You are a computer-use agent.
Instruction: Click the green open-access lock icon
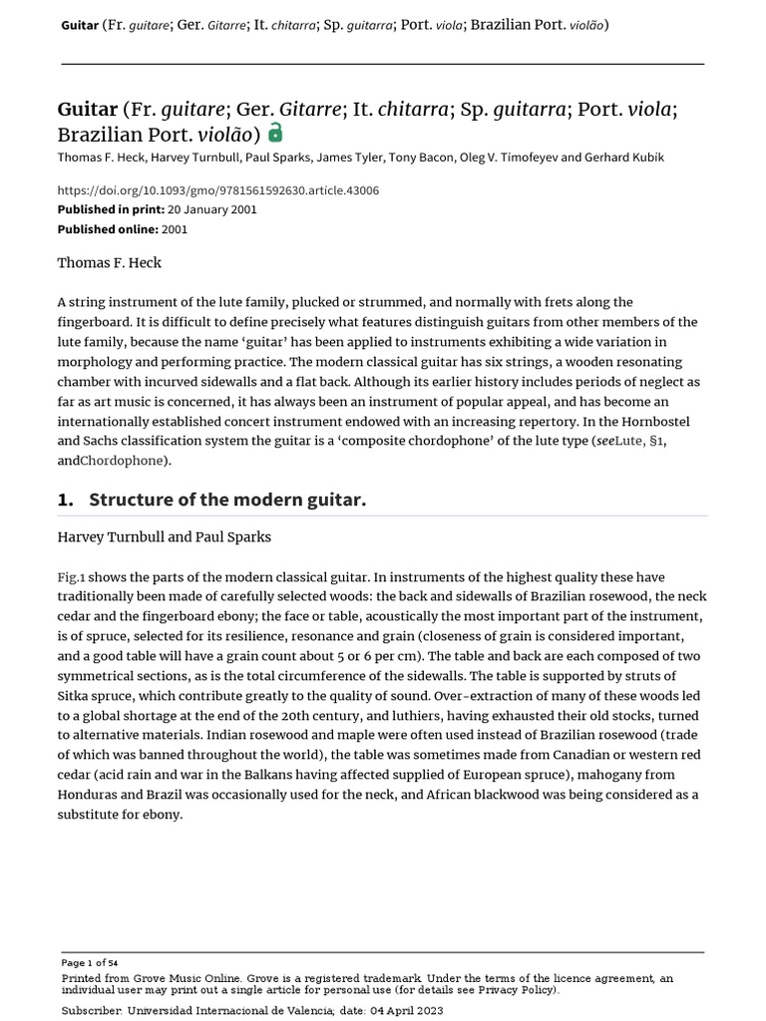point(275,133)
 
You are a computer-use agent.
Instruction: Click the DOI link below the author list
point(217,190)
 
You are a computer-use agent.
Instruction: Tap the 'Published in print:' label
point(107,209)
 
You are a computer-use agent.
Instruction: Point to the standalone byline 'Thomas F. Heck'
point(109,263)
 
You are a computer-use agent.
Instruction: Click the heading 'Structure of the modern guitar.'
point(227,500)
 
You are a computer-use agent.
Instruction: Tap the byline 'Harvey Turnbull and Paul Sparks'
point(164,537)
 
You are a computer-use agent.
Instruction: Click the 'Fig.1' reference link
point(71,577)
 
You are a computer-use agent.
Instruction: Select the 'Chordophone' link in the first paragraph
point(124,461)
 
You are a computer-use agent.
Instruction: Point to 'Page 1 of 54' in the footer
point(90,962)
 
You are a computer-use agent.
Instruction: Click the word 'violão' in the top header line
point(583,24)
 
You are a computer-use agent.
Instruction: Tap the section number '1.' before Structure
point(67,500)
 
